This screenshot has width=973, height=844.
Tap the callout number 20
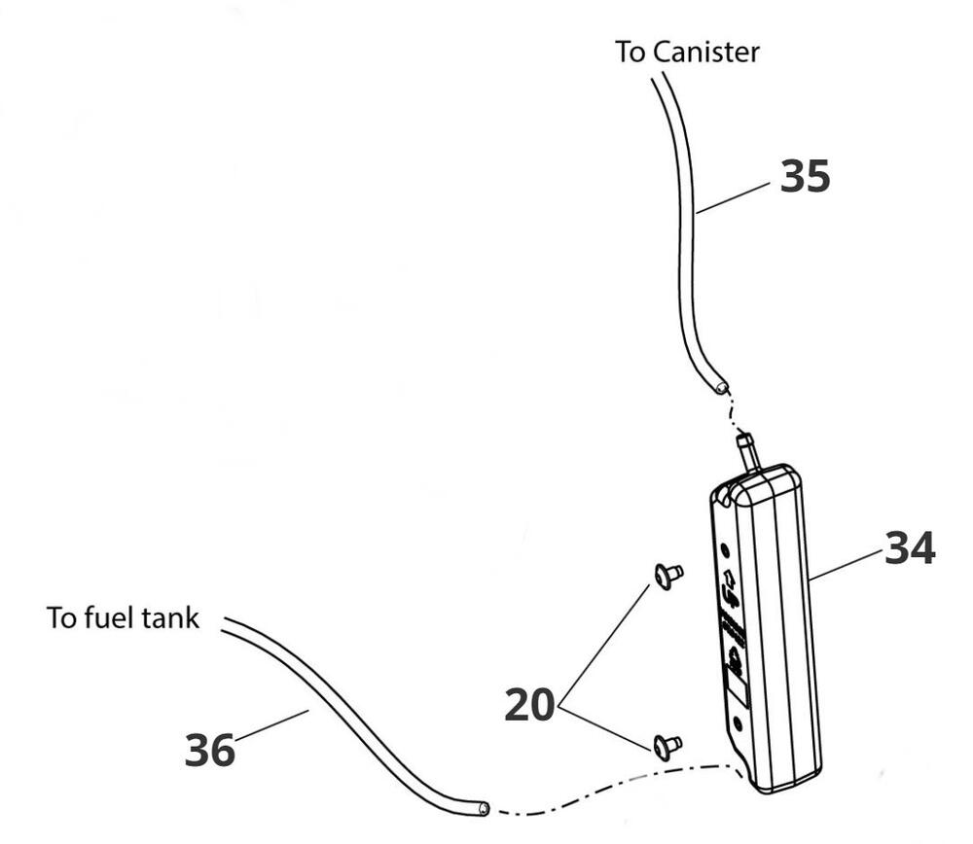tap(528, 704)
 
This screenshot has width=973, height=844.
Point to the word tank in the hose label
tap(171, 617)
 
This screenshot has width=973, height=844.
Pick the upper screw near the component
tap(667, 574)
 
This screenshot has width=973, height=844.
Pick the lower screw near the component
tap(667, 745)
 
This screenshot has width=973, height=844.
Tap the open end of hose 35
tap(721, 387)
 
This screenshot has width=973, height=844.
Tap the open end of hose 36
tap(481, 807)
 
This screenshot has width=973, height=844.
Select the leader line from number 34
tap(847, 564)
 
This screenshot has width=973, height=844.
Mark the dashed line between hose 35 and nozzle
tap(733, 416)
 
